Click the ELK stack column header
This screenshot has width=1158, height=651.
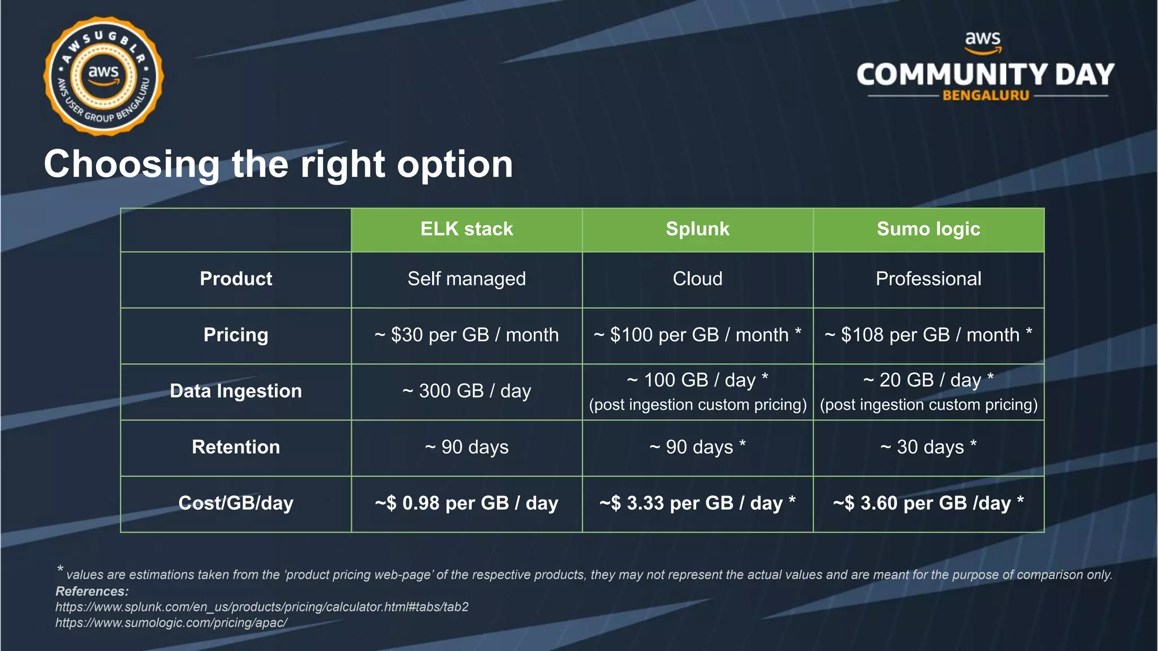[466, 229]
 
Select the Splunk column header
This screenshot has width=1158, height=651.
[697, 229]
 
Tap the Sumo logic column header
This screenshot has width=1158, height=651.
[928, 229]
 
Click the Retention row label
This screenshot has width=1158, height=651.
[236, 447]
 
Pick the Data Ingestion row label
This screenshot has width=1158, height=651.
[236, 391]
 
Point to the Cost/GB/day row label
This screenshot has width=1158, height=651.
[236, 503]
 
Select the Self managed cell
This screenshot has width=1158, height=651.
[466, 279]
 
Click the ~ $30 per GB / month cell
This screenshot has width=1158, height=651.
[466, 335]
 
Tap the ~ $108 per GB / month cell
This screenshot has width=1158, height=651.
[928, 335]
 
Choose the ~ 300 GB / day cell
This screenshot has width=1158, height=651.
[466, 391]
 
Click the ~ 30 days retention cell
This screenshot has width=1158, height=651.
[928, 447]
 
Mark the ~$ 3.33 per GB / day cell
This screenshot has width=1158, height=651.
[697, 503]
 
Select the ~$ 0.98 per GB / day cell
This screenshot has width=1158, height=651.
[466, 503]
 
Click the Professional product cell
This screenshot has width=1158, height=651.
[928, 279]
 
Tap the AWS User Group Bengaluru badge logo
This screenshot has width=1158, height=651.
[103, 76]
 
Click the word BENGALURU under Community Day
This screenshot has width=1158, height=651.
[986, 96]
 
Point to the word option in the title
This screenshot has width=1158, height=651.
[455, 165]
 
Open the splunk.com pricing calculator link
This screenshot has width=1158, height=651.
[262, 607]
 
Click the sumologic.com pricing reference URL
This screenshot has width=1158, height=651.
[171, 623]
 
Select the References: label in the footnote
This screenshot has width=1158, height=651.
[92, 591]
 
